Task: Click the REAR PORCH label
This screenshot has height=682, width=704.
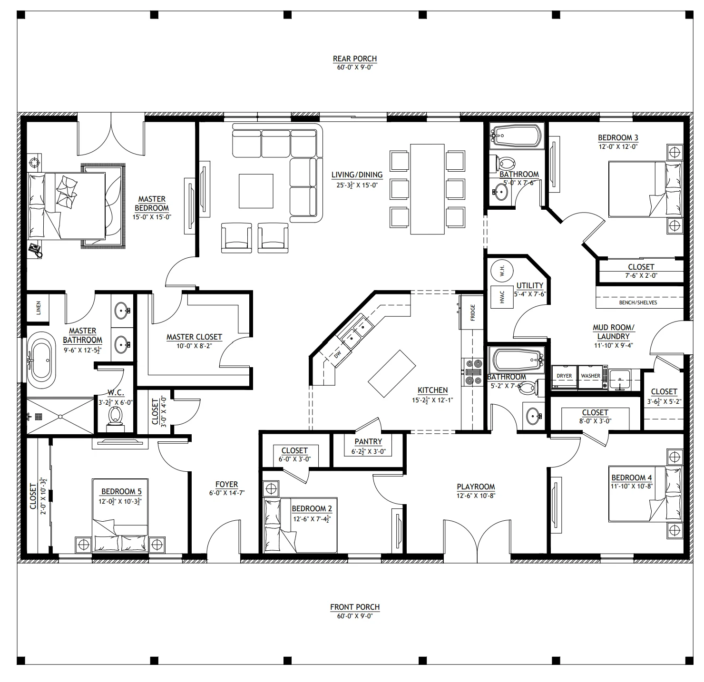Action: (354, 58)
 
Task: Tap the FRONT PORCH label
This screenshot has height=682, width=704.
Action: (354, 607)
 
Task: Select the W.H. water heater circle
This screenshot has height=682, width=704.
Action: (502, 271)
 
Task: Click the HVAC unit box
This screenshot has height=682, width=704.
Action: (502, 297)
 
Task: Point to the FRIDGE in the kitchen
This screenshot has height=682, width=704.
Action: (472, 312)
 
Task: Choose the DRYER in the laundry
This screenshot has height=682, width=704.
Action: (564, 377)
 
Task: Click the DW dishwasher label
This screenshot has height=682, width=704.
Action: (337, 355)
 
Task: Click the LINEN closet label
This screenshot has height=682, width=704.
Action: (39, 308)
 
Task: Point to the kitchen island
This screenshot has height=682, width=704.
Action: (392, 373)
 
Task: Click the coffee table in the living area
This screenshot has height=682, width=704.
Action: (256, 191)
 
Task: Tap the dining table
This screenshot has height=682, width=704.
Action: (427, 189)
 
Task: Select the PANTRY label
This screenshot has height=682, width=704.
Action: (368, 441)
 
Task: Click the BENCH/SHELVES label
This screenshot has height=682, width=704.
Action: (638, 302)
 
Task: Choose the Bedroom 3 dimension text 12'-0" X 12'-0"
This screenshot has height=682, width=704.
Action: (618, 147)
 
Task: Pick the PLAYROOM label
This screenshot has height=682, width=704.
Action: (476, 487)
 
